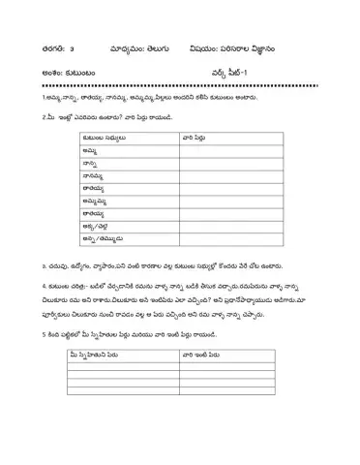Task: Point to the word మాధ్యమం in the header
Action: [112, 46]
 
